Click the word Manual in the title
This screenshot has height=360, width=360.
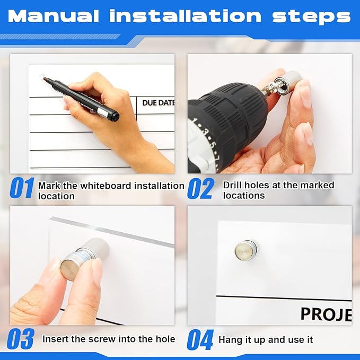click(x=53, y=16)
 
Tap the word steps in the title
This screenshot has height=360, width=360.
click(x=312, y=17)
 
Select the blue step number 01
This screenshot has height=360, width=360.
click(x=22, y=188)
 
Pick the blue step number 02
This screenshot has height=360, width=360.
click(x=200, y=189)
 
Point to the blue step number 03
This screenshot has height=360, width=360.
click(x=21, y=339)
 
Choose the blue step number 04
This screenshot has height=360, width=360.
click(x=200, y=339)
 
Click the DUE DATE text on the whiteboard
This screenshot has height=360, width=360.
click(x=159, y=103)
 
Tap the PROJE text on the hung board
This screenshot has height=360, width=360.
click(x=326, y=314)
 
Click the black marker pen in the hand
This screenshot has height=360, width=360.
click(x=82, y=98)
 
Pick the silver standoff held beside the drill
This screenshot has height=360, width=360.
click(x=291, y=81)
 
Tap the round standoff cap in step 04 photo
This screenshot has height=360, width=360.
click(x=245, y=249)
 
